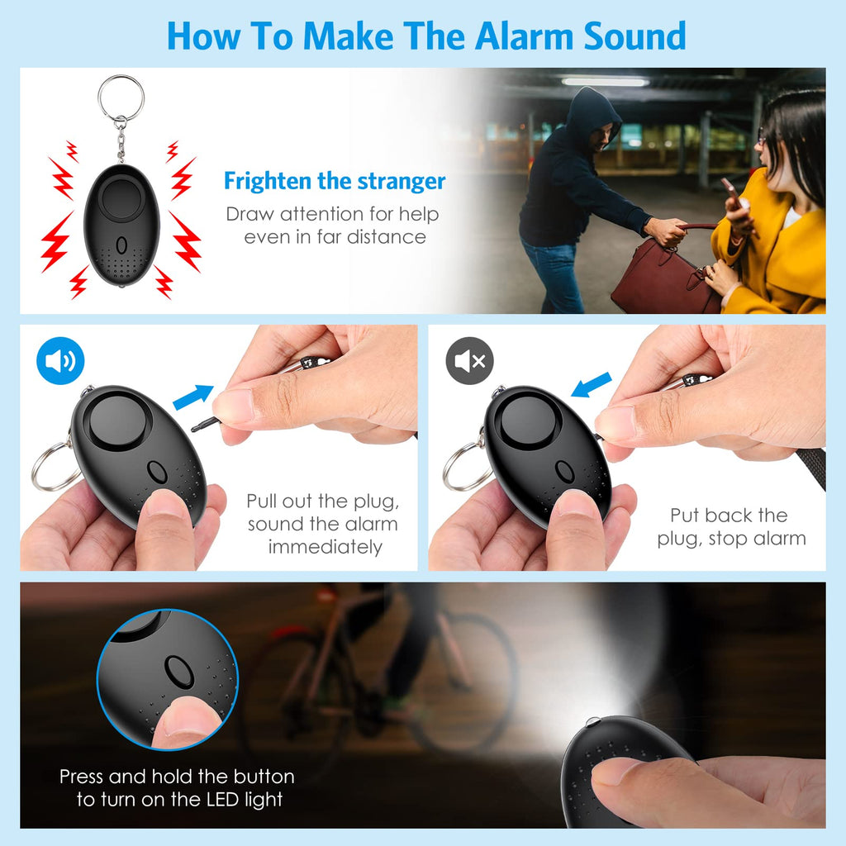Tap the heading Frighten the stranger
[335, 181]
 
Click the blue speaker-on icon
[60, 360]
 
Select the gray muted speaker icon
[469, 360]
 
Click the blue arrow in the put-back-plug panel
[592, 385]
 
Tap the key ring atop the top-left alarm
[121, 98]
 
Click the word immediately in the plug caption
[326, 547]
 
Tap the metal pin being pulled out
[206, 424]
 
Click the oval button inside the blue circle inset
[179, 672]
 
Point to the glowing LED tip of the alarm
[592, 721]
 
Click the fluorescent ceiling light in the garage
[605, 82]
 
